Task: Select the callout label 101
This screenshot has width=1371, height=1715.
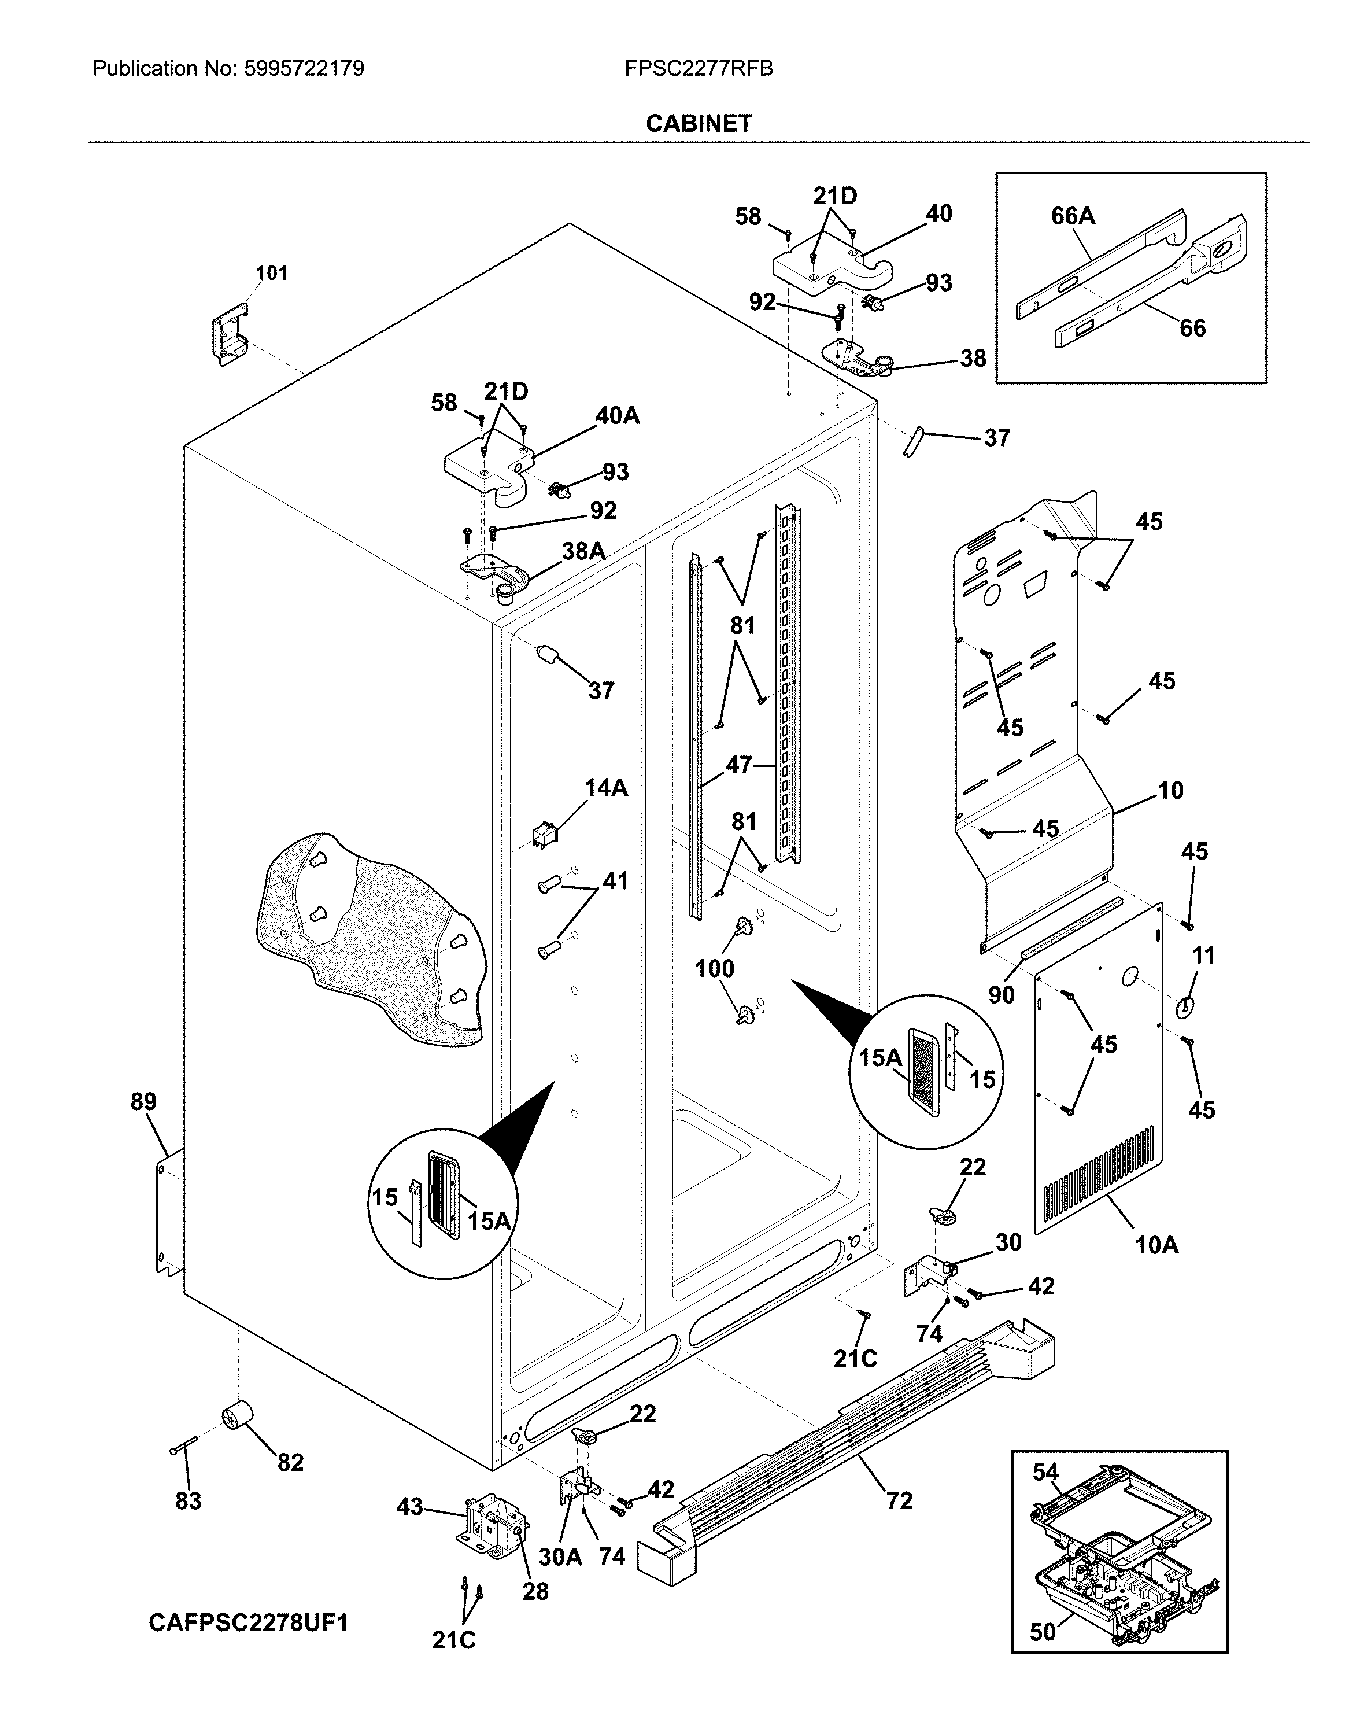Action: (x=271, y=273)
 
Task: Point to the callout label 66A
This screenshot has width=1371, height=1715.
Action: (x=1073, y=216)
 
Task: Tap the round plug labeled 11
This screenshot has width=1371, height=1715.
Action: (x=1185, y=1006)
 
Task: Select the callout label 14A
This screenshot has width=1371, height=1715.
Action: (x=606, y=788)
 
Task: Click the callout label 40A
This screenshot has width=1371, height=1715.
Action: (x=617, y=415)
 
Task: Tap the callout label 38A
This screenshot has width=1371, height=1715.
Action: (x=583, y=551)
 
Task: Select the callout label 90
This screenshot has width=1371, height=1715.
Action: (x=1001, y=994)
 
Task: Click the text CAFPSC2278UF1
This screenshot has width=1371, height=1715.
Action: (x=248, y=1622)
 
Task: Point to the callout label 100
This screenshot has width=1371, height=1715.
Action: (x=714, y=968)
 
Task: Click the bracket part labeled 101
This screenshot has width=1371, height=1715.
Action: (x=228, y=338)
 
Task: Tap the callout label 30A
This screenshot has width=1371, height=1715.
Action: (x=561, y=1557)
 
